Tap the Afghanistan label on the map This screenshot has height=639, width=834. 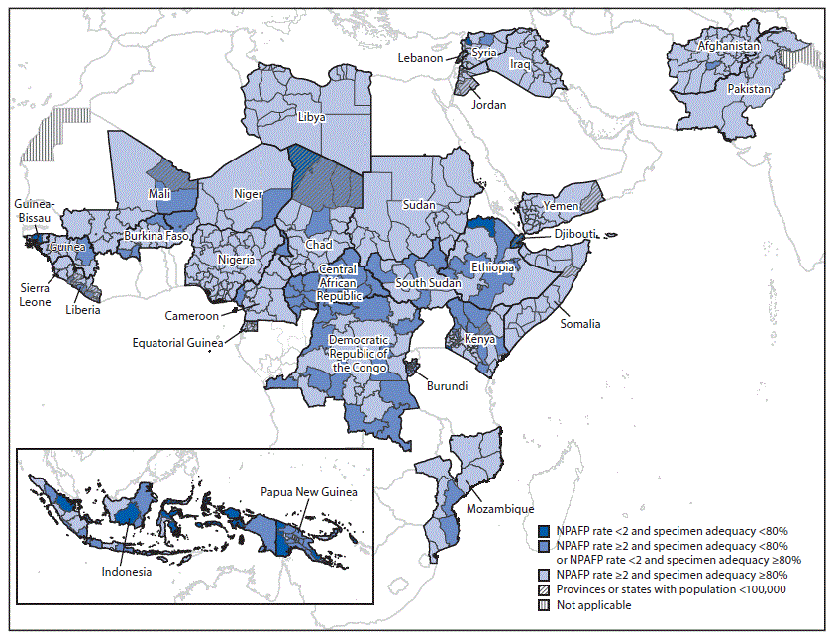(729, 47)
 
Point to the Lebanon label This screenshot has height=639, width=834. (420, 58)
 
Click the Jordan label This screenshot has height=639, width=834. (488, 105)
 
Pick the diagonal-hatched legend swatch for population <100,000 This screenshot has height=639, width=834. (544, 589)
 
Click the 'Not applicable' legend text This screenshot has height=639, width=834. (594, 605)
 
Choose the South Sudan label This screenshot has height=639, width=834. (428, 284)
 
